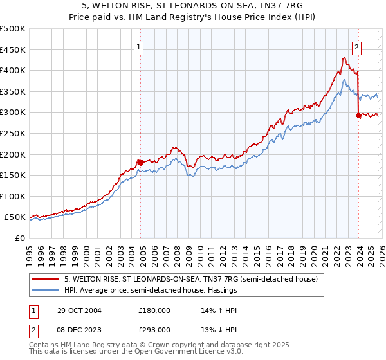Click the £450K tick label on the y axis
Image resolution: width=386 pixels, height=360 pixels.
point(12,50)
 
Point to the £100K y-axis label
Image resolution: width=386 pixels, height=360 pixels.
point(12,196)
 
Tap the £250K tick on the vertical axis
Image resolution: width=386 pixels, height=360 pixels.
point(12,133)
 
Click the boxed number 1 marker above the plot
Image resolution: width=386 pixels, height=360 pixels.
point(139,46)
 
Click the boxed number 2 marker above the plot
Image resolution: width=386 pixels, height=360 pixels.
point(356,46)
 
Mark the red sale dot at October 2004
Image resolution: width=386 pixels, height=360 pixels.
point(140,162)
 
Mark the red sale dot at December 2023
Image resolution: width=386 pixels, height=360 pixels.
point(358,116)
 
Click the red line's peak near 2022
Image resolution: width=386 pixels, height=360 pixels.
point(344,57)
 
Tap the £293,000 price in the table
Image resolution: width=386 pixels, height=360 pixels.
point(154,329)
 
